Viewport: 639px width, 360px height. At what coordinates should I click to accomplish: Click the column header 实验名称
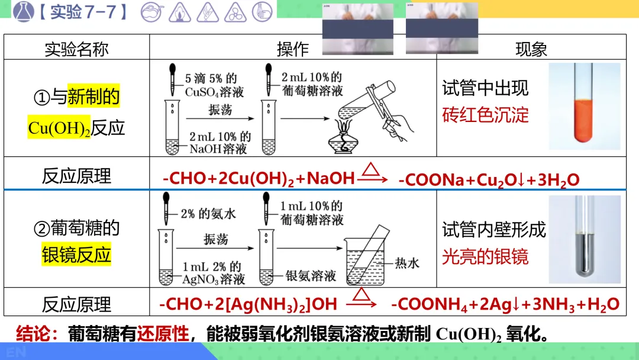(x=76, y=49)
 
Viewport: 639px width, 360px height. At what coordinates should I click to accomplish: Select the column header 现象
(x=531, y=49)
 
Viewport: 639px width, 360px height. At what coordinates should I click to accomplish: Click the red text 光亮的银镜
(x=485, y=256)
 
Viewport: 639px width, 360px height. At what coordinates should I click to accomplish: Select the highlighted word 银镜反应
(x=76, y=255)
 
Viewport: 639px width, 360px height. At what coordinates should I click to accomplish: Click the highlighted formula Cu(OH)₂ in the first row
(x=59, y=128)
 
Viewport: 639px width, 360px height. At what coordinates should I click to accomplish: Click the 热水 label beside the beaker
(x=406, y=262)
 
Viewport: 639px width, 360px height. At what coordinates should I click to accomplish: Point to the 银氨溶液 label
(x=310, y=276)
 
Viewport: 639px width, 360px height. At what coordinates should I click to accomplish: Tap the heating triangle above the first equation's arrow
(x=370, y=170)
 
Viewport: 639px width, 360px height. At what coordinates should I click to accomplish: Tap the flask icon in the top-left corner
(x=22, y=12)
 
